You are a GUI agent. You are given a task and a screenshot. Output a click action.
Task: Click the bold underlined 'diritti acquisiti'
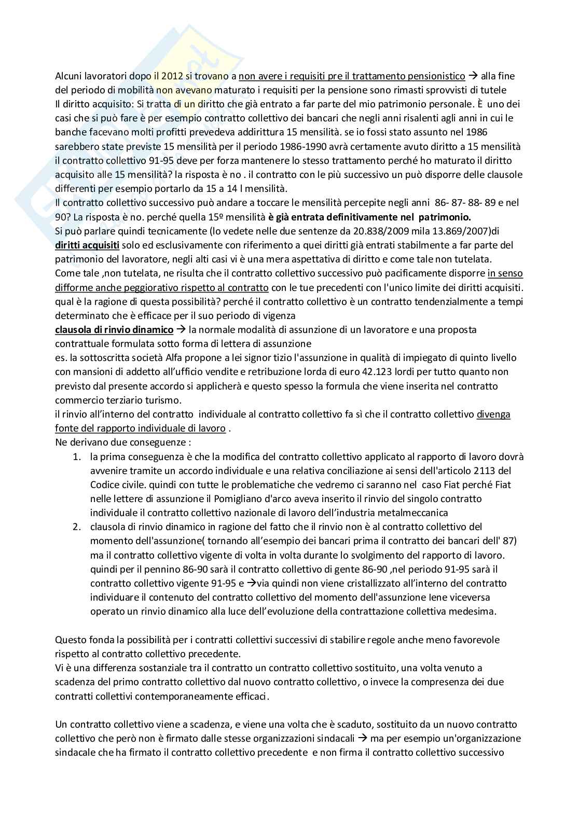pos(87,245)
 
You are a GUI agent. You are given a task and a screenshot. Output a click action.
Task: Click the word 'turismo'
pos(164,400)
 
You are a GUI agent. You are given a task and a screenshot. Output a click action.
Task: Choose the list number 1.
pos(77,456)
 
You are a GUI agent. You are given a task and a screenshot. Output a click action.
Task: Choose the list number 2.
pos(77,527)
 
